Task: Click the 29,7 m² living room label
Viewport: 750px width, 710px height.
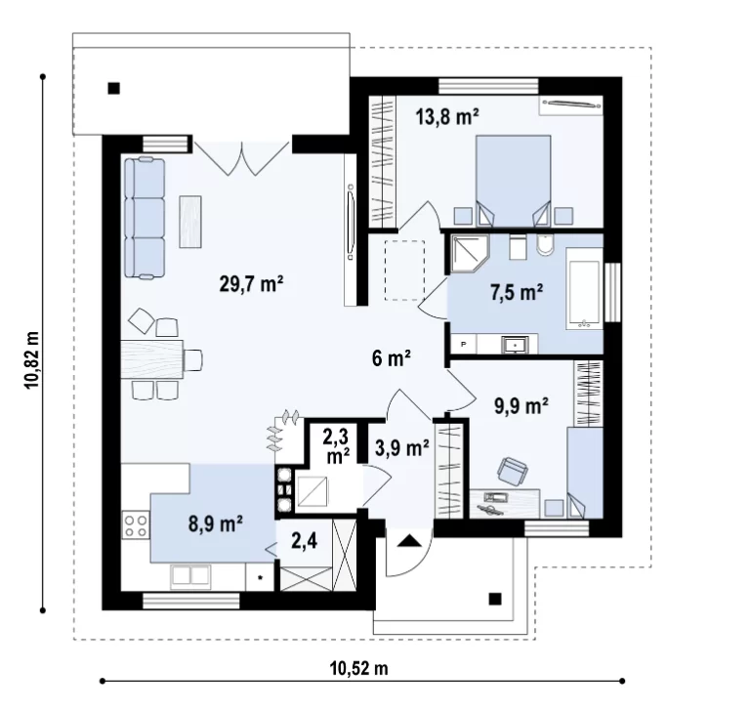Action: click(x=252, y=284)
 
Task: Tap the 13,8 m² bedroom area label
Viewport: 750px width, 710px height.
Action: click(x=447, y=116)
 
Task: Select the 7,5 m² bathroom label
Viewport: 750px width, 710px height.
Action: click(x=517, y=292)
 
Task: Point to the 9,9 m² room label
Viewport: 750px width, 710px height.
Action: click(x=521, y=406)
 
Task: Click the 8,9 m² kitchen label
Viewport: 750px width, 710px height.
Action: click(x=216, y=523)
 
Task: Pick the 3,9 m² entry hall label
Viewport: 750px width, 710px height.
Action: click(x=401, y=448)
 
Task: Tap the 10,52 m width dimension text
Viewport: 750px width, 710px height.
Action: click(x=358, y=668)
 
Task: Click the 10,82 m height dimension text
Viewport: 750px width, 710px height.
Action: click(x=32, y=359)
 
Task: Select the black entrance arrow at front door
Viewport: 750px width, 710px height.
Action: click(x=409, y=541)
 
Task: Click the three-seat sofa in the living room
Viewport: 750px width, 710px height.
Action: click(x=145, y=218)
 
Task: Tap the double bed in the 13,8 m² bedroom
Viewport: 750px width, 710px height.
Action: click(x=513, y=180)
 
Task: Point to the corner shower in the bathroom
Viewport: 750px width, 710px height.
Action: click(x=469, y=254)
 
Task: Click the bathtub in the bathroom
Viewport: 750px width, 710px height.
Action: click(x=584, y=288)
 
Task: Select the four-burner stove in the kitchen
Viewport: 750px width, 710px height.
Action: click(x=136, y=524)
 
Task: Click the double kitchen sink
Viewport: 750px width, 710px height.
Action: click(x=190, y=576)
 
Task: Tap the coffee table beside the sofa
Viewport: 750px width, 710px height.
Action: click(x=190, y=222)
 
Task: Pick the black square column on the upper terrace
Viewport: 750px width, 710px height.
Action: click(x=114, y=89)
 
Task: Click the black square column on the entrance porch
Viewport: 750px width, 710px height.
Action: click(x=495, y=599)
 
